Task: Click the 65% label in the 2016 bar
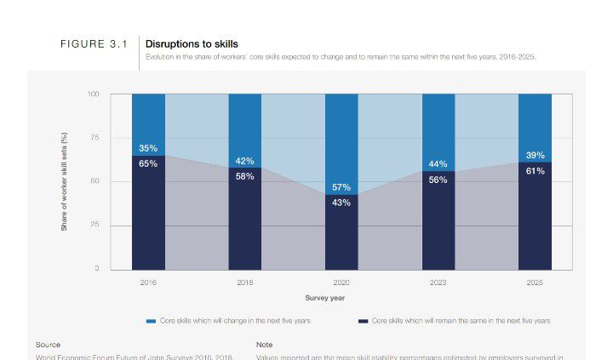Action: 148,163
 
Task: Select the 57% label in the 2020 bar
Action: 341,187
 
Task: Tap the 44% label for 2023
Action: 438,164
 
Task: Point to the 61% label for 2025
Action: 535,171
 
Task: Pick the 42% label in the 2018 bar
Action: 245,161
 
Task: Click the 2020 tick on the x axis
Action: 341,282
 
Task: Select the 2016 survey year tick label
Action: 148,282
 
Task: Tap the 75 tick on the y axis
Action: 94,138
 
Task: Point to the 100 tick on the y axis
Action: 93,94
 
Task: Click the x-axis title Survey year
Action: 324,298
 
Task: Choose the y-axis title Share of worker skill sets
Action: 65,182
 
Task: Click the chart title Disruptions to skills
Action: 192,43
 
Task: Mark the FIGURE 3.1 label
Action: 94,44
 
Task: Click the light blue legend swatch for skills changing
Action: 152,322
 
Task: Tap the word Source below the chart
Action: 48,345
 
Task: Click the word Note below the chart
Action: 264,345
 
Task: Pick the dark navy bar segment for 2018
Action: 245,226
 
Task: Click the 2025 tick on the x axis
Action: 535,282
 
